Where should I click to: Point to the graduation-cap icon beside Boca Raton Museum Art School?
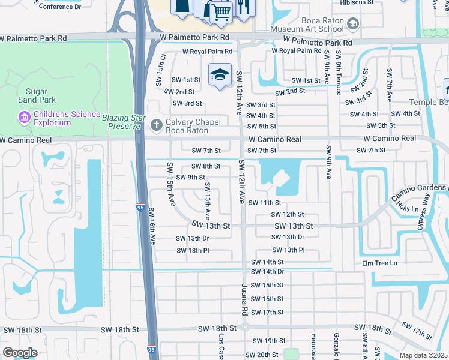353,23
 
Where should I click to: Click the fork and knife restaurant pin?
243,7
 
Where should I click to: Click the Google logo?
20,353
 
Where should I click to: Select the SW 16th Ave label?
152,226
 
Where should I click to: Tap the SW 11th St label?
264,203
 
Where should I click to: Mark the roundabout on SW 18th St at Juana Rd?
244,328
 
